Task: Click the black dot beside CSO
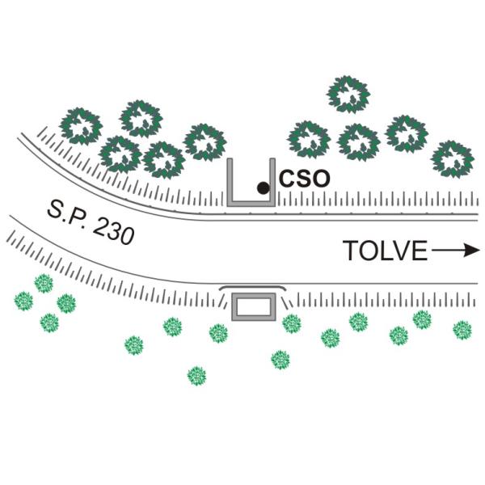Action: pos(264,188)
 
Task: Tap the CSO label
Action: pos(305,179)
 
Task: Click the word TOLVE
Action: pos(385,251)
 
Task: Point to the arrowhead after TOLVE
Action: pos(472,250)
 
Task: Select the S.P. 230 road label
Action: pos(91,221)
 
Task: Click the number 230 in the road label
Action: pos(114,231)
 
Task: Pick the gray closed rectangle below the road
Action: pos(254,306)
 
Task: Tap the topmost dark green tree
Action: pos(348,95)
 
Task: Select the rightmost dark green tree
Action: pos(453,159)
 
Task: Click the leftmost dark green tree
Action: pos(81,127)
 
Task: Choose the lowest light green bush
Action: pos(196,376)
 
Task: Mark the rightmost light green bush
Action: pos(462,330)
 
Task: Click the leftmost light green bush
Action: pos(23,301)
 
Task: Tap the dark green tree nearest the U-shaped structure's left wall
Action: pos(205,142)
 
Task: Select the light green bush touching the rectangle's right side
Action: pos(292,323)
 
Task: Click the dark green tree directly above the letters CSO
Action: pos(309,140)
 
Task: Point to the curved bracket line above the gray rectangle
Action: pos(252,287)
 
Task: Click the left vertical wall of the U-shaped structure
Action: pos(230,182)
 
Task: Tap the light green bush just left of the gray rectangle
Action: pos(218,333)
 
